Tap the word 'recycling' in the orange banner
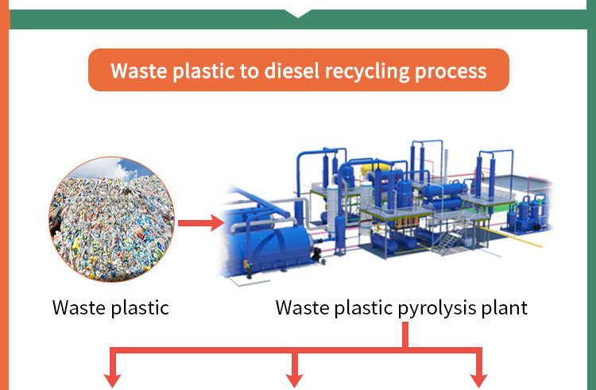[366, 71]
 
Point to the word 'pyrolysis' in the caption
[438, 307]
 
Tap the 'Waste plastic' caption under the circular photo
[110, 307]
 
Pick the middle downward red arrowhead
[295, 380]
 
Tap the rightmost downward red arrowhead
[478, 380]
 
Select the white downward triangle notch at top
[297, 12]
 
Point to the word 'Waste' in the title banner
[140, 71]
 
